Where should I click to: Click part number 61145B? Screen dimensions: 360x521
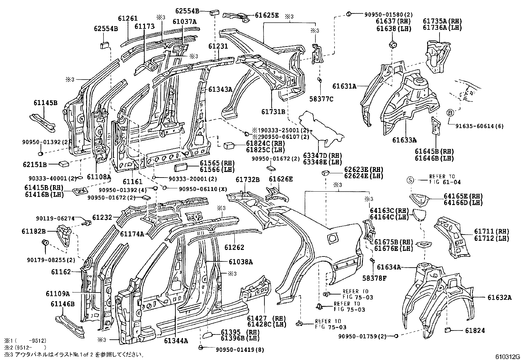click(x=45, y=103)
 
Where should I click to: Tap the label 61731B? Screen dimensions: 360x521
click(x=273, y=111)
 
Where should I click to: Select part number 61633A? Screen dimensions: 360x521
click(x=404, y=140)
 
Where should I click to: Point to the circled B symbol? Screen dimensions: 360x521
click(x=450, y=113)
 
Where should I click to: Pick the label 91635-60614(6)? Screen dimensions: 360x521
click(x=478, y=126)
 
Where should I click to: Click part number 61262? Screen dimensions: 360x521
click(x=234, y=248)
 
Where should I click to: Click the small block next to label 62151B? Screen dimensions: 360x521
click(x=63, y=163)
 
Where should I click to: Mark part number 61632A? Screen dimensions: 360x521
click(x=499, y=297)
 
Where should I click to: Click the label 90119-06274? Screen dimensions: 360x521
click(x=55, y=218)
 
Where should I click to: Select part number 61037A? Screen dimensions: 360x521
click(x=185, y=22)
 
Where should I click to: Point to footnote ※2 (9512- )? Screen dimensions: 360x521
click(x=25, y=347)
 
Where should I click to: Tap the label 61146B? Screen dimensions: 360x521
click(x=63, y=304)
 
